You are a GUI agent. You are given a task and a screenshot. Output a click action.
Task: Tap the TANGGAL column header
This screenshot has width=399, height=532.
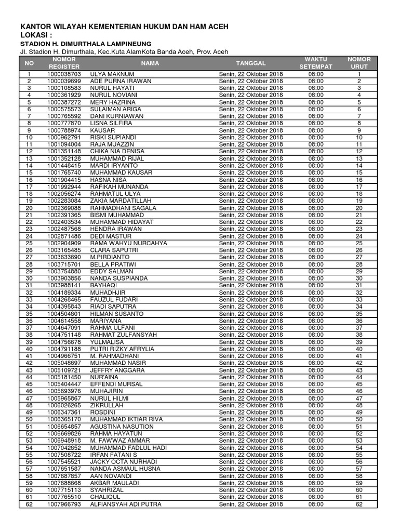pos(251,63)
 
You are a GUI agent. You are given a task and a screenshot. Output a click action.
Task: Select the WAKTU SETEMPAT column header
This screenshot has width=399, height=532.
pos(316,63)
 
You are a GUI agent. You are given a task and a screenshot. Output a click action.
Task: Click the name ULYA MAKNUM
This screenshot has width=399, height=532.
pos(112,74)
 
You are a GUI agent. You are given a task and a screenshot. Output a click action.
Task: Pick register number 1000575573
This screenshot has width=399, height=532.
pos(64,110)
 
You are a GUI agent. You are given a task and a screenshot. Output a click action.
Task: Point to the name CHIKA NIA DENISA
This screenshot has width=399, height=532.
pos(116,152)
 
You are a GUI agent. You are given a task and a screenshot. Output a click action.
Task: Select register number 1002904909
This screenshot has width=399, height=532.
pos(64,243)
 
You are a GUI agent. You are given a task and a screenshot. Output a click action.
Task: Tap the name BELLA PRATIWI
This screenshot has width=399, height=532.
pos(113,264)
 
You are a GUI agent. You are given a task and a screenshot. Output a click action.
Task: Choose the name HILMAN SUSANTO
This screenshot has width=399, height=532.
pos(116,314)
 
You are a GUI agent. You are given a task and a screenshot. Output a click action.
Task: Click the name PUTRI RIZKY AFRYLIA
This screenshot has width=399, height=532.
pos(122,349)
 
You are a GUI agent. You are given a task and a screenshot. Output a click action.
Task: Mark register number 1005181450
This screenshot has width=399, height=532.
pos(64,377)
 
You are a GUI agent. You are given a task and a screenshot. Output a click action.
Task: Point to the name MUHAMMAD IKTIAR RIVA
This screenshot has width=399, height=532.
pos(126,419)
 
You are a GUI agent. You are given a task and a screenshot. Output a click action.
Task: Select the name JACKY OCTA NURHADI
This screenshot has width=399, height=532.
pos(124,462)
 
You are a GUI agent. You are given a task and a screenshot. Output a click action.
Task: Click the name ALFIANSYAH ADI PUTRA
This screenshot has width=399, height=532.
pos(126,504)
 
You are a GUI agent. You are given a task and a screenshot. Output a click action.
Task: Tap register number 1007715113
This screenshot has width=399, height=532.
pos(64,490)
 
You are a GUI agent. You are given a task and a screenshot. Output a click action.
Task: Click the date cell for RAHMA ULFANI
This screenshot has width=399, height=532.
pos(251,328)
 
